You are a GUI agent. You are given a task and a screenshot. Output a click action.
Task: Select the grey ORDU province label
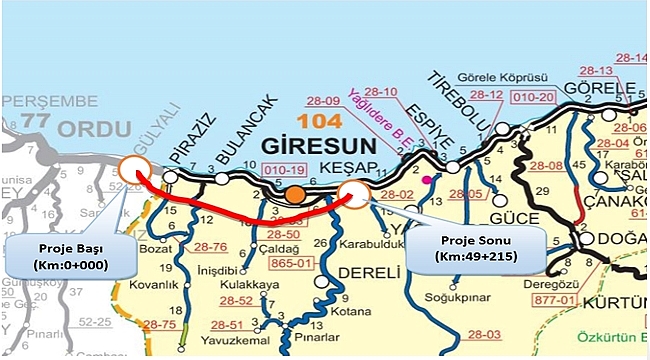point(92,130)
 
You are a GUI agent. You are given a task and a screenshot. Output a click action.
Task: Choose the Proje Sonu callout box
point(474,246)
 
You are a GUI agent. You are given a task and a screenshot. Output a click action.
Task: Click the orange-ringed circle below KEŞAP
point(353,194)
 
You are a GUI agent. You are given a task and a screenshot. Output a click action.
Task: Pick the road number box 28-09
point(324,100)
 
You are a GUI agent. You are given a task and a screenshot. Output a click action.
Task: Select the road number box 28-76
point(210,246)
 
